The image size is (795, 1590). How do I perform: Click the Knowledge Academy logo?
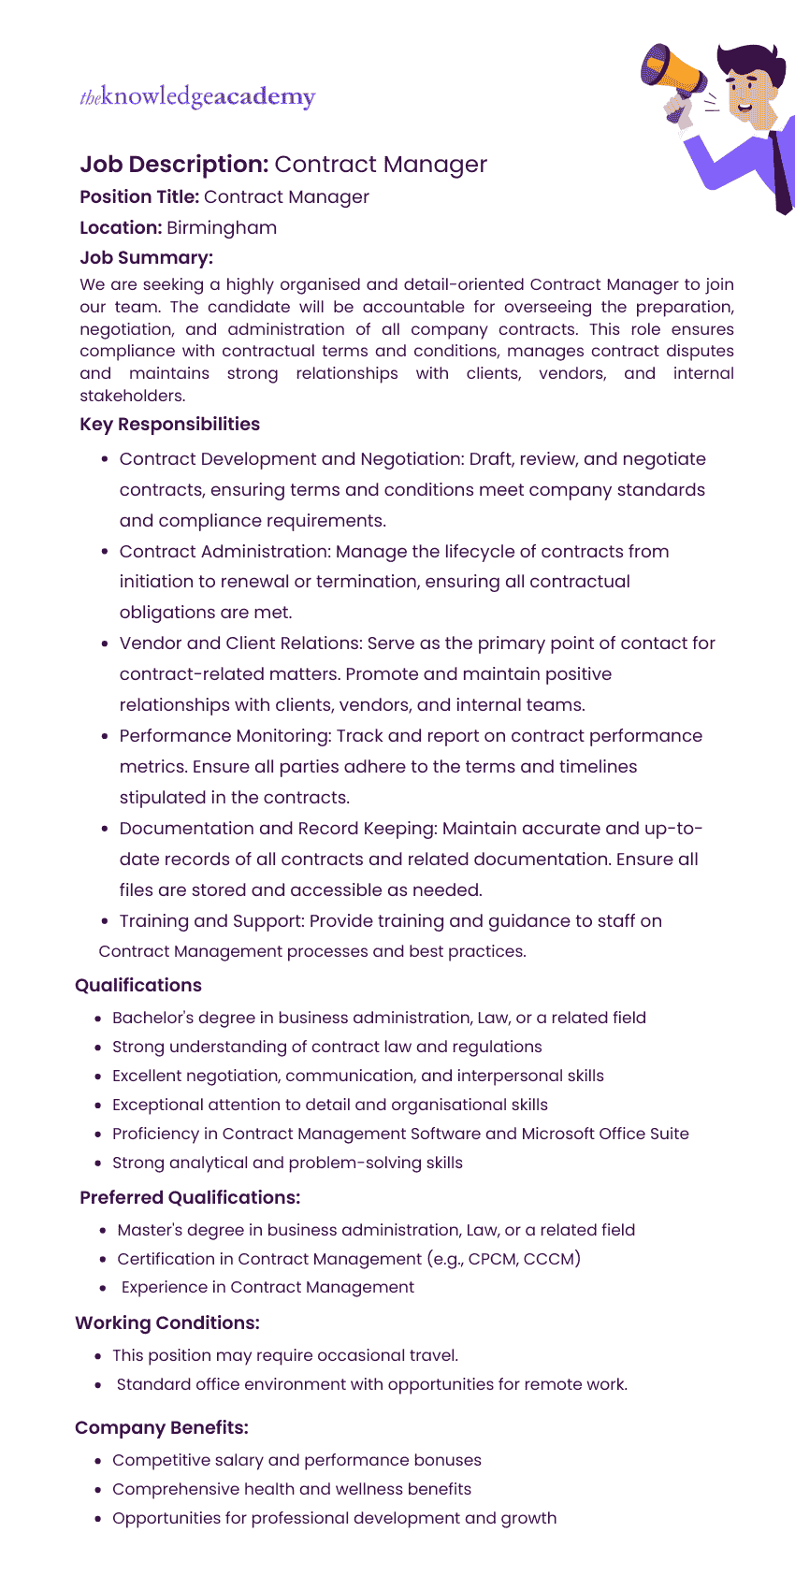[197, 96]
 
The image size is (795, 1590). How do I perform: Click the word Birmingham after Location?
[222, 227]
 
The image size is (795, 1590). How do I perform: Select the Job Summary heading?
[146, 257]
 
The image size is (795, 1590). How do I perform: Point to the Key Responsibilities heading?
[169, 424]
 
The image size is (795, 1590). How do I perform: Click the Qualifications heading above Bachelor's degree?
[138, 985]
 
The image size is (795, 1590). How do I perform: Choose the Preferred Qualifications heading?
[190, 1197]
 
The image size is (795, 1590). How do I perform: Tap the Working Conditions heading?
[167, 1323]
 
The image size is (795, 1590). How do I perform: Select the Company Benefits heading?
[162, 1427]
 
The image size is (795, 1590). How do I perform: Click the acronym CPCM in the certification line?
[492, 1259]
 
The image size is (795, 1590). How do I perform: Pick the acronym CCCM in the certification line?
[549, 1259]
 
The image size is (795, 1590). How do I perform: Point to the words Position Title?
[139, 196]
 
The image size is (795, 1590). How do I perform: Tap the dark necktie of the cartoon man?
[781, 168]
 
